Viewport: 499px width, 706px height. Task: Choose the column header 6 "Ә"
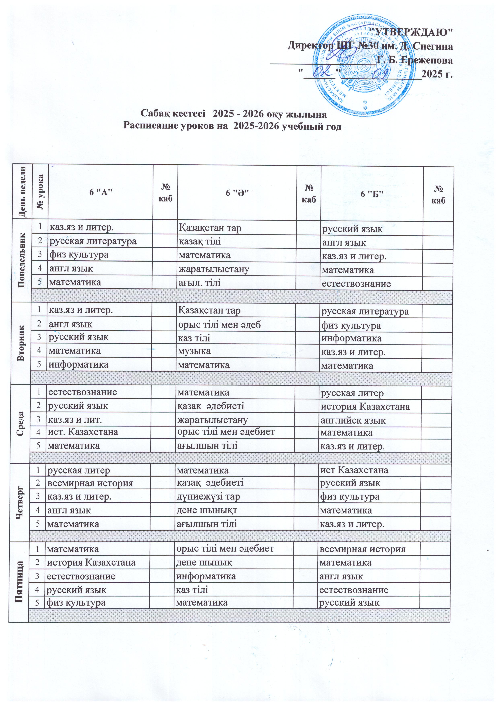click(x=237, y=193)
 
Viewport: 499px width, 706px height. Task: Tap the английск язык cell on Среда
click(x=353, y=420)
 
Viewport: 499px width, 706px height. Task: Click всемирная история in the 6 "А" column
click(x=90, y=483)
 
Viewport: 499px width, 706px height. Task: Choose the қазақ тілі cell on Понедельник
click(x=200, y=241)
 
